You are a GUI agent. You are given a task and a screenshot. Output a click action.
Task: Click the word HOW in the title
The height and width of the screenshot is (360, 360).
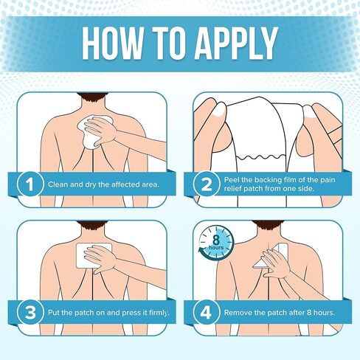coord(112,43)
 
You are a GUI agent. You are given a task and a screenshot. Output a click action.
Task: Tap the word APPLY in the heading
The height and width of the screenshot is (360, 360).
coord(236,43)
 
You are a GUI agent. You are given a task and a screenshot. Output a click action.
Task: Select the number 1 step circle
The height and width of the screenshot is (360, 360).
coord(30,184)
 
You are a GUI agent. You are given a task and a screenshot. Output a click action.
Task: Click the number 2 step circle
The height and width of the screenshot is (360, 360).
coord(207,184)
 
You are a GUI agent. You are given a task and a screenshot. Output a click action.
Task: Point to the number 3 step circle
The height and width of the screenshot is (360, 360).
coord(30,312)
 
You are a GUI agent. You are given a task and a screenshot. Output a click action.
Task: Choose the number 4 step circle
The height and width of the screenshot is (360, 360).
coord(207,312)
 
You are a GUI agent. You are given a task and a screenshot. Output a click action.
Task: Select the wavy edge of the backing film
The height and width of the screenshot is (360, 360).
coord(261,157)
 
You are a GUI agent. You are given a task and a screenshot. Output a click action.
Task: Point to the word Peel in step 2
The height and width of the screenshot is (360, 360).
coord(231,180)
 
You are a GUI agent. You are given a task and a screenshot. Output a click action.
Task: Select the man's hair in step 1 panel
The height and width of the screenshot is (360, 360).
coord(92,97)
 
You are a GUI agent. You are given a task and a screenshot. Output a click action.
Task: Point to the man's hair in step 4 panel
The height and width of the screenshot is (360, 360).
coord(269,224)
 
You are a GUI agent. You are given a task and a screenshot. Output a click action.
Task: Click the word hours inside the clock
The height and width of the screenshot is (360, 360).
coord(216,247)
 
